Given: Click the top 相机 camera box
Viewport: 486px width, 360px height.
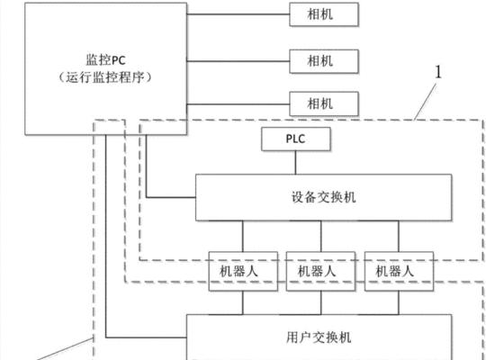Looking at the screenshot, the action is click(324, 14).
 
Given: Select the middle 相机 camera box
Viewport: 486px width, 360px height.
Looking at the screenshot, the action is click(324, 61).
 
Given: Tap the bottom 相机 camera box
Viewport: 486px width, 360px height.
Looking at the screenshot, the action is click(324, 103).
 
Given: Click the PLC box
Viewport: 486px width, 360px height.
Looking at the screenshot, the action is click(296, 139).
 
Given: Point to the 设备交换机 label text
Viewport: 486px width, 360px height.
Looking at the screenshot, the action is click(323, 197).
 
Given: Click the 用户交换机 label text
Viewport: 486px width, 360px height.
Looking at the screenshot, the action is click(319, 337).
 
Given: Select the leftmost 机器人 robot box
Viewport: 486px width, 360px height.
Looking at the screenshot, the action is click(243, 271).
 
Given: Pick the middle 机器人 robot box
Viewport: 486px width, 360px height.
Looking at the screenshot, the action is click(320, 271).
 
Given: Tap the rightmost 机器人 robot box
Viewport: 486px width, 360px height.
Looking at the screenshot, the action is click(399, 271).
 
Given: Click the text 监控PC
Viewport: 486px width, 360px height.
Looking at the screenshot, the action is click(105, 60).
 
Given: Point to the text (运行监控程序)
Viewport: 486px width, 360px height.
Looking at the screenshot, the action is click(105, 77).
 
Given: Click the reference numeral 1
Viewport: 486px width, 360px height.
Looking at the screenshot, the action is click(438, 72).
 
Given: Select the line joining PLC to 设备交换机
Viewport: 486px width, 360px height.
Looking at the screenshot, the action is click(295, 163).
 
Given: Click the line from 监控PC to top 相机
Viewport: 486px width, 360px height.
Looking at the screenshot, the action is click(238, 14).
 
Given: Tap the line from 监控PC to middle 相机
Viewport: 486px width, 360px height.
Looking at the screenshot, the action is click(238, 61).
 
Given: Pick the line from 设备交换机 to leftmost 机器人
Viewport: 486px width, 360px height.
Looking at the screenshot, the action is click(243, 237).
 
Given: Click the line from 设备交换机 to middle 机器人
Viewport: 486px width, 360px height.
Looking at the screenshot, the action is click(321, 237).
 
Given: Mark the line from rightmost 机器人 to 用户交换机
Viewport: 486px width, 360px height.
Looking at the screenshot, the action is click(399, 302).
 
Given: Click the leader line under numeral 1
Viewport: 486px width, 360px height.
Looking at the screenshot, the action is click(425, 103).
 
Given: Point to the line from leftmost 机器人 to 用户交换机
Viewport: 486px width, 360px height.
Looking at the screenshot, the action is click(243, 302).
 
